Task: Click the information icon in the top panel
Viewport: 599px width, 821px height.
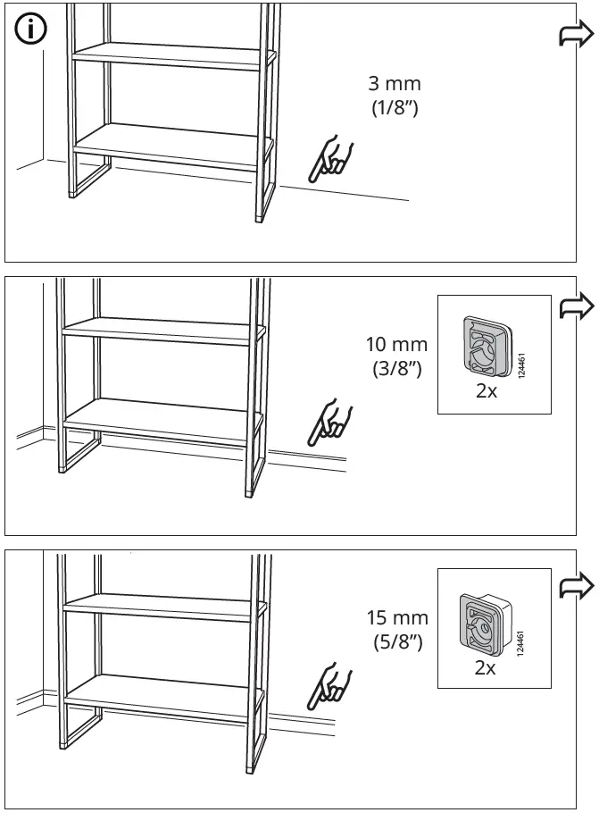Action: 30,30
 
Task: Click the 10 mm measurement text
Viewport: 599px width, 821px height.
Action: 396,344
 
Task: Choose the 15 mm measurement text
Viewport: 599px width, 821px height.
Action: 397,617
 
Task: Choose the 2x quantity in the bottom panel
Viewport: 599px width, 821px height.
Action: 484,667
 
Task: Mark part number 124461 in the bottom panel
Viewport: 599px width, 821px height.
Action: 520,644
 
